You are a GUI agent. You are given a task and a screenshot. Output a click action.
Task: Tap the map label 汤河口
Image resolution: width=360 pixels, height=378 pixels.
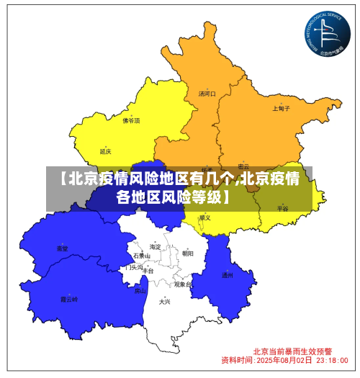pyautogui.click(x=207, y=94)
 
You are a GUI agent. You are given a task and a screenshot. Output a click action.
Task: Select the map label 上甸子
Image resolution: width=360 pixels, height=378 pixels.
pyautogui.click(x=281, y=109)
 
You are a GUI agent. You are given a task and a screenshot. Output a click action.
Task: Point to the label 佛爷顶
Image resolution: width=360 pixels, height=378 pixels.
pyautogui.click(x=131, y=120)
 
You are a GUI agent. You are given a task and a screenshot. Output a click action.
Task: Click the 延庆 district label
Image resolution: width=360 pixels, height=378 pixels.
pyautogui.click(x=106, y=151)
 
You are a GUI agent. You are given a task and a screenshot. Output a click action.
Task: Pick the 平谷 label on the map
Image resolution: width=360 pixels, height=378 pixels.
pyautogui.click(x=282, y=208)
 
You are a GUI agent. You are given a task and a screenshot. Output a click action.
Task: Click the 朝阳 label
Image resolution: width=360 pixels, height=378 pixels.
pyautogui.click(x=187, y=253)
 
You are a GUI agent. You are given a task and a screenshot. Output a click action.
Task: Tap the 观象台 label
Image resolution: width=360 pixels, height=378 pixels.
pyautogui.click(x=182, y=284)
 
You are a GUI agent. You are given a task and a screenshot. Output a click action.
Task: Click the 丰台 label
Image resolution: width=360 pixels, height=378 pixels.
pyautogui.click(x=148, y=271)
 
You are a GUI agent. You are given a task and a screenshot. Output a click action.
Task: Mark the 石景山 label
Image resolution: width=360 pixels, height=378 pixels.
pyautogui.click(x=142, y=256)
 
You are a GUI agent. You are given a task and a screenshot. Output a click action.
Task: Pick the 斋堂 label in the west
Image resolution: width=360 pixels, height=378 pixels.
pyautogui.click(x=63, y=248)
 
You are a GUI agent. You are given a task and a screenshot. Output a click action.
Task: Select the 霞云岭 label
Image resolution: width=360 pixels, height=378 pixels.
pyautogui.click(x=68, y=298)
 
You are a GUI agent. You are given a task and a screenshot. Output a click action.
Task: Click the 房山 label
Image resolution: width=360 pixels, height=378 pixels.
pyautogui.click(x=140, y=291)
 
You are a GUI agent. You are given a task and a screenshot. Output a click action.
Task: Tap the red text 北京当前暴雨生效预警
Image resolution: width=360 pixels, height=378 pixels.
pyautogui.click(x=292, y=351)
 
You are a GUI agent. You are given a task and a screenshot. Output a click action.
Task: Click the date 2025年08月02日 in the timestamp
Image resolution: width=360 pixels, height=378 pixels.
pyautogui.click(x=284, y=359)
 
